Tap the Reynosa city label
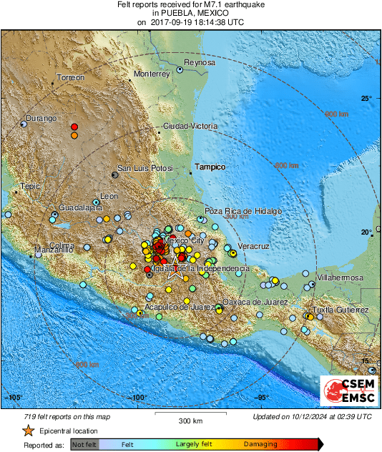[x=200, y=62]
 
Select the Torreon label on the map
[x=71, y=77]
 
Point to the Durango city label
[x=41, y=118]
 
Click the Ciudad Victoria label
[x=190, y=126]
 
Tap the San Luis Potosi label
[x=146, y=168]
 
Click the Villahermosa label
[x=340, y=277]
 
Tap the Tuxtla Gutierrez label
[x=342, y=310]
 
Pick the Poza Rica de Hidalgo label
[x=243, y=211]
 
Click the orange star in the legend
[x=28, y=431]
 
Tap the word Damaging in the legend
[x=260, y=444]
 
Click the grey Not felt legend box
[x=84, y=444]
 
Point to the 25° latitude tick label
[x=366, y=98]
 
